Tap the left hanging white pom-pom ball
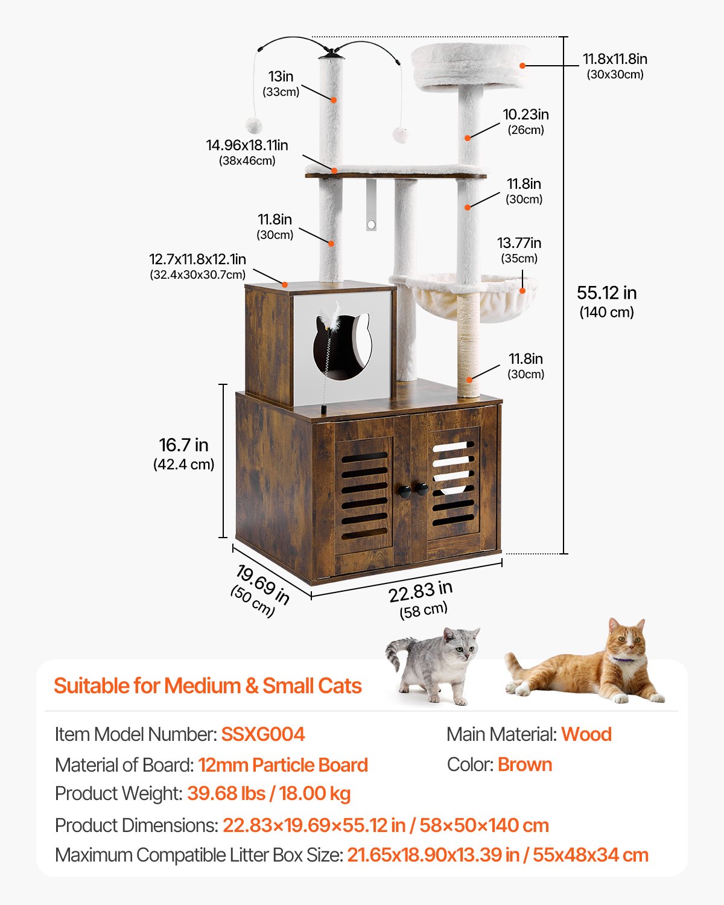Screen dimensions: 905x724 point(253,125)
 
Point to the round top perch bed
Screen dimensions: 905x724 point(471,65)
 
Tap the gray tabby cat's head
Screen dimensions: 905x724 point(462,642)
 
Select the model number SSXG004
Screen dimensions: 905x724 point(262,734)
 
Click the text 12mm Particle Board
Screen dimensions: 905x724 point(283,765)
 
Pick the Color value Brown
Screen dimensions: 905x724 point(524,764)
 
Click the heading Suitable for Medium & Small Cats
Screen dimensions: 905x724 point(208,686)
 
